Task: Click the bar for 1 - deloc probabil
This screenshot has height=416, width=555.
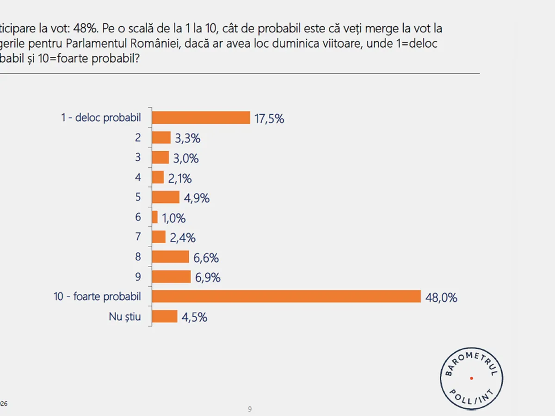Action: [x=201, y=118]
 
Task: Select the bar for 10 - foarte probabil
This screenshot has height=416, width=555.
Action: [x=286, y=296]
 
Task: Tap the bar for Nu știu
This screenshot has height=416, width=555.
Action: [x=165, y=316]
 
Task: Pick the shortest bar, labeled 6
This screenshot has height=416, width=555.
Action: [x=155, y=217]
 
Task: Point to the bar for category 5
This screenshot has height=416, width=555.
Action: [x=166, y=197]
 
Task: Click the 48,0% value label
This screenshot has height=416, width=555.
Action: [x=441, y=298]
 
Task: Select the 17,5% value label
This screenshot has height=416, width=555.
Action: [x=269, y=119]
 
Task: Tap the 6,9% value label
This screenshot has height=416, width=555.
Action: [x=207, y=278]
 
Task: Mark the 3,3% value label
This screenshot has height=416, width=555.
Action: [x=187, y=139]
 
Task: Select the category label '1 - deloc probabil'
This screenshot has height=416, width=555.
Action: [x=101, y=117]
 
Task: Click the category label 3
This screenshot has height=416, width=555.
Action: [x=138, y=158]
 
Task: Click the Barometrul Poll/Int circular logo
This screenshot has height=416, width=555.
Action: [x=471, y=378]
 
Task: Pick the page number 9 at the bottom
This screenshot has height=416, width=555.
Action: [x=250, y=409]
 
